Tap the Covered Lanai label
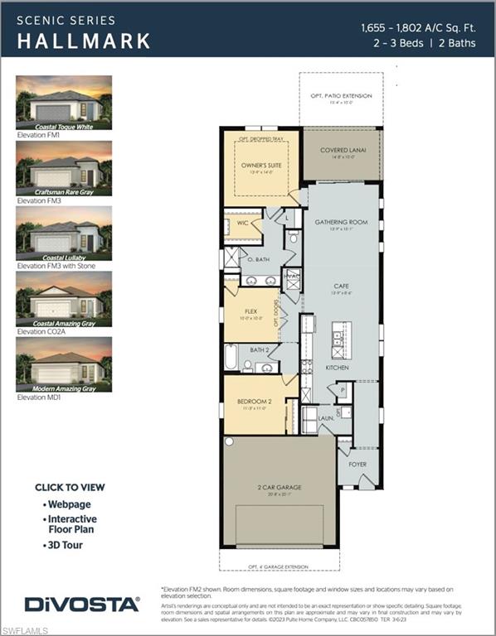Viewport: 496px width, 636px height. [341, 151]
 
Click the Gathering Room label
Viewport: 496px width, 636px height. [341, 223]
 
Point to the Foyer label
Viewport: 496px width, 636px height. [357, 465]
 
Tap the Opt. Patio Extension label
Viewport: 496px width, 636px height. [341, 96]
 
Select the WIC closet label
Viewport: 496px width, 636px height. [241, 224]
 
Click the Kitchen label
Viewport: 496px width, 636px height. [338, 367]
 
